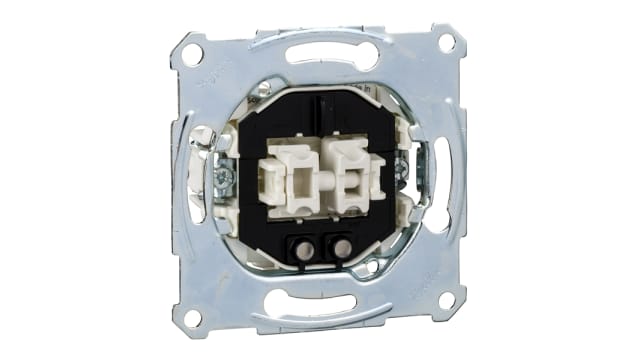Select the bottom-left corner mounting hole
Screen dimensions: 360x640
(193, 317)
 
